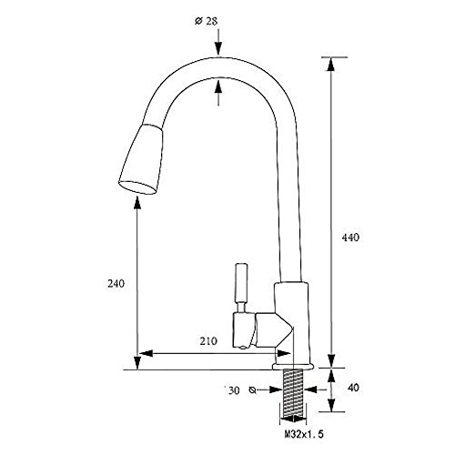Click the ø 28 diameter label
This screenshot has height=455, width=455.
click(206, 21)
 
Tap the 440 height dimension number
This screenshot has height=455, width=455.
click(350, 238)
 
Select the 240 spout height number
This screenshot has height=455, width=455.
click(116, 284)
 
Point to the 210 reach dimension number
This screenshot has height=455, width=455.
click(208, 341)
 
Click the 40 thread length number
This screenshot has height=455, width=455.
click(353, 388)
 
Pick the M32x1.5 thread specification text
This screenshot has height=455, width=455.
click(304, 434)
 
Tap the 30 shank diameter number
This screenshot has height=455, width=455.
click(234, 390)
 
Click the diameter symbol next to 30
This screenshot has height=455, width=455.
click(252, 390)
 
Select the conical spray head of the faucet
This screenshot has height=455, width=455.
click(141, 159)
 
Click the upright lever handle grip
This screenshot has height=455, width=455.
click(242, 283)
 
